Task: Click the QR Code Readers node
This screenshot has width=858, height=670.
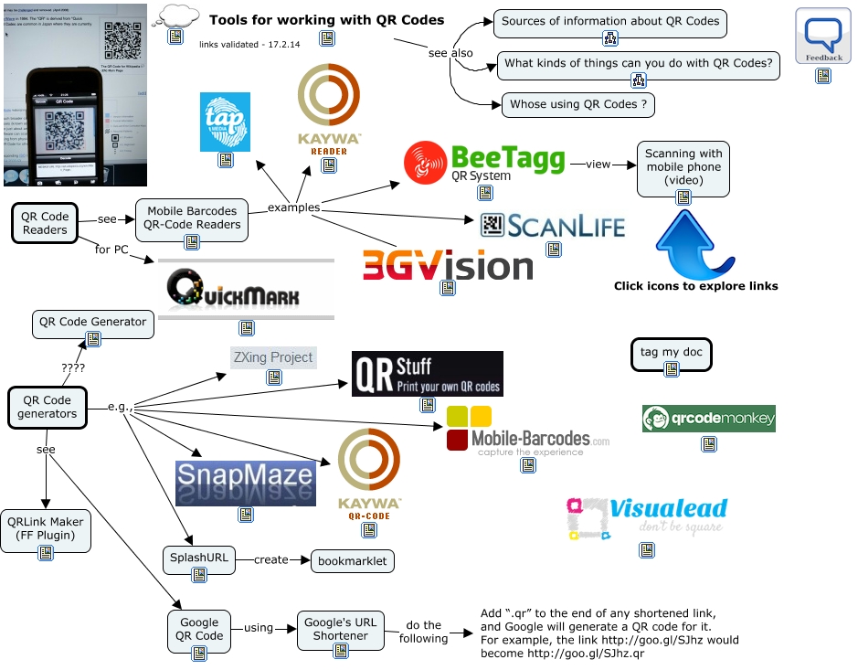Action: tap(45, 223)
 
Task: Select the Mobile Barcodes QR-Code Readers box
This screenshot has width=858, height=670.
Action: tap(192, 218)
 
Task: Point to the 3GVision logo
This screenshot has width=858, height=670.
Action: tap(448, 265)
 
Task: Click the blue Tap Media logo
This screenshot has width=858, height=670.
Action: tap(225, 122)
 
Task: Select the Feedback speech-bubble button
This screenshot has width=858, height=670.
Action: tap(823, 37)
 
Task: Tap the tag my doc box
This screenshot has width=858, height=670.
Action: tap(671, 353)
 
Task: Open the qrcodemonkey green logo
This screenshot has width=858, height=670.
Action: tap(709, 420)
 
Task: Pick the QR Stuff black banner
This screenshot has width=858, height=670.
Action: tap(427, 374)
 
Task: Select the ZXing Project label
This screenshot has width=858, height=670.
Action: tap(273, 357)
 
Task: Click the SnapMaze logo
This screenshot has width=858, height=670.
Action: tap(245, 482)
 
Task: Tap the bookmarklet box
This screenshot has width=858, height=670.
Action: tap(353, 560)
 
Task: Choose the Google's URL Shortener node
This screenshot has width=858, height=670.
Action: tap(340, 629)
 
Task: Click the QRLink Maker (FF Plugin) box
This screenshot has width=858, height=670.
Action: tap(46, 529)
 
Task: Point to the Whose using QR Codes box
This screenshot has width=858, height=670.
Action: tap(577, 104)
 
